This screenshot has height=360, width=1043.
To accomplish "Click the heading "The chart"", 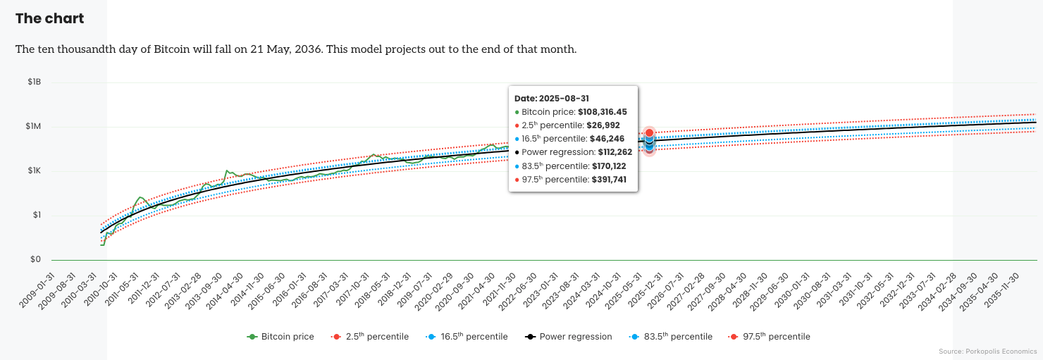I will click(49, 19).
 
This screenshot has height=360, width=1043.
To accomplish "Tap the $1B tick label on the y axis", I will click(34, 82).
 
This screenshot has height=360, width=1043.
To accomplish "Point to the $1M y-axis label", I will click(34, 127).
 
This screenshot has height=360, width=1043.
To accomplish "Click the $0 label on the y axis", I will click(35, 260).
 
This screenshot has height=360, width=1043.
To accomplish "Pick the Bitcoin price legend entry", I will click(280, 337).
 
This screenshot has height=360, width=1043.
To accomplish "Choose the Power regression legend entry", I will click(569, 337).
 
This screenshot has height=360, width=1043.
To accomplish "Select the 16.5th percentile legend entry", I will click(467, 337).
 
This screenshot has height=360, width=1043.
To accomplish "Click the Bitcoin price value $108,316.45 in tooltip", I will click(602, 112).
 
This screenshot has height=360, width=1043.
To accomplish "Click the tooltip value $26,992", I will click(603, 125).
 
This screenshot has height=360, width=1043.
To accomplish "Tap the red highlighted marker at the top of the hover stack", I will click(649, 133).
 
